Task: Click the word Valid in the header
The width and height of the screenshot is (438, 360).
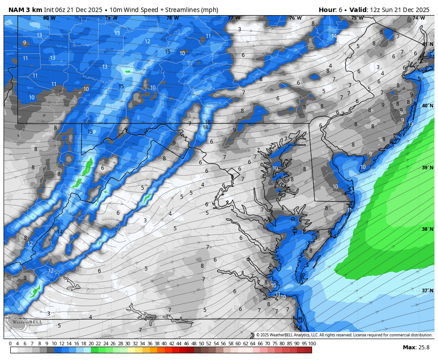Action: click(x=358, y=10)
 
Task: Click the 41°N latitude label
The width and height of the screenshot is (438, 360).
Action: click(x=427, y=44)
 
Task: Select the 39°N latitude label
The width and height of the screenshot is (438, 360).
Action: click(x=427, y=168)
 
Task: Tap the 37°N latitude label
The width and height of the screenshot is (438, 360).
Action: click(x=427, y=290)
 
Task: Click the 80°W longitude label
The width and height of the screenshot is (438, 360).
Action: click(x=49, y=18)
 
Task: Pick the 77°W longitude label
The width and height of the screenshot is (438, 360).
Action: click(x=233, y=18)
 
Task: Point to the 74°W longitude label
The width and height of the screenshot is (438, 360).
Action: click(x=418, y=18)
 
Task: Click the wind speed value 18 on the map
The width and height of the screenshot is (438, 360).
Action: click(x=205, y=127)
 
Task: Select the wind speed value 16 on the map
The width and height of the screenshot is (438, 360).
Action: click(x=207, y=122)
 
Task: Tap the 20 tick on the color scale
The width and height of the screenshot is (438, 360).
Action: click(x=91, y=344)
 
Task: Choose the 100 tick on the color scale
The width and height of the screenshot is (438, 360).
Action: click(x=312, y=344)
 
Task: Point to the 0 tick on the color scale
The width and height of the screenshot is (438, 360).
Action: click(x=10, y=344)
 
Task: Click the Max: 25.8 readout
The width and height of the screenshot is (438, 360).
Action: click(x=416, y=348)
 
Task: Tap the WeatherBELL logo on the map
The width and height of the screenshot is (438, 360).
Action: click(x=24, y=322)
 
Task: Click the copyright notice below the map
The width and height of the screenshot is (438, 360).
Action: click(x=344, y=335)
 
